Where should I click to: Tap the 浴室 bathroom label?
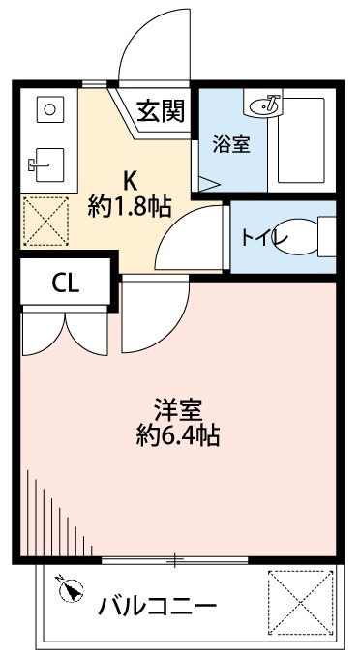tap(231, 145)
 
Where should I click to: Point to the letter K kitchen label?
tap(129, 179)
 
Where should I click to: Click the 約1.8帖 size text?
tap(129, 205)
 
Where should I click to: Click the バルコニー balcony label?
tap(156, 608)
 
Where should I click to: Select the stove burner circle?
tap(46, 110)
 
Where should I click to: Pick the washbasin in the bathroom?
tap(265, 103)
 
